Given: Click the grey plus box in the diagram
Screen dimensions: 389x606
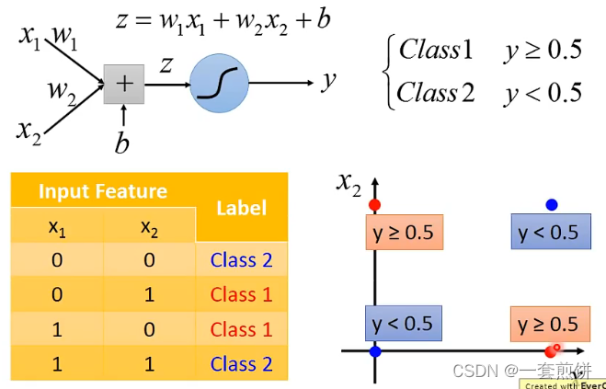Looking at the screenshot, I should click(x=123, y=85).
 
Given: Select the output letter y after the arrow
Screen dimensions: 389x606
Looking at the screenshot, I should click(x=328, y=81).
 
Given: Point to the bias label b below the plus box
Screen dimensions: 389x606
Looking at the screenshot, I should click(x=122, y=143).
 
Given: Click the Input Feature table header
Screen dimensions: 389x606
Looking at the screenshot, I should click(x=102, y=191).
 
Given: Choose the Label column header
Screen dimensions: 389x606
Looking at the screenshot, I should click(x=241, y=209).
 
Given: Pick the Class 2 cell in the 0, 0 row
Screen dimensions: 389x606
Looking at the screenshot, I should click(x=241, y=260).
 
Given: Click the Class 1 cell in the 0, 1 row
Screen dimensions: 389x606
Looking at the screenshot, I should click(x=241, y=295).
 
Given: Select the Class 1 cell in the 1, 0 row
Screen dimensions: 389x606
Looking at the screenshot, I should click(x=241, y=329).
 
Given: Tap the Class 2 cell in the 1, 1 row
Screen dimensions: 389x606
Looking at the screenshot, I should click(x=241, y=364).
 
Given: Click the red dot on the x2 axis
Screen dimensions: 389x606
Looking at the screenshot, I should click(x=374, y=204).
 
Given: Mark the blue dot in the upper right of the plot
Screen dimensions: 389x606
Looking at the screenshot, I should click(x=552, y=204).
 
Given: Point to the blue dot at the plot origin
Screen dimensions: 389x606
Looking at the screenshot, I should click(x=375, y=351).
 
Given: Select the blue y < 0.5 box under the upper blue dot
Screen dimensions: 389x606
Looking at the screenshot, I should click(x=550, y=233).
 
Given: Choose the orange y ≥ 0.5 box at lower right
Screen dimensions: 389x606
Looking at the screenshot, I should click(x=548, y=324).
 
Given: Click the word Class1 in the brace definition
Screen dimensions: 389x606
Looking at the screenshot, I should click(x=435, y=50).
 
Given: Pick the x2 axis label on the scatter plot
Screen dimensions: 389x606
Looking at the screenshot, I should click(x=349, y=185).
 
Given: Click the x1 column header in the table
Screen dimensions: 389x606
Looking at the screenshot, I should click(x=57, y=226).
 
